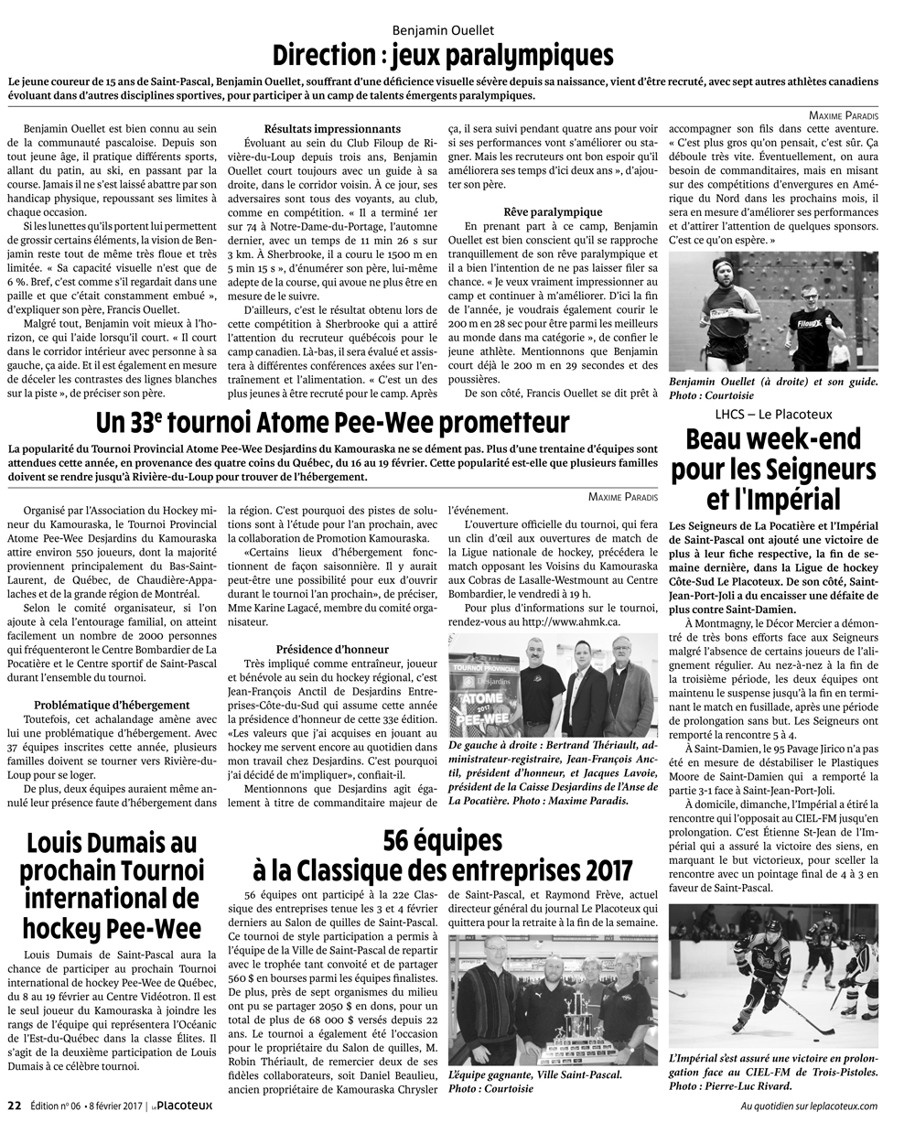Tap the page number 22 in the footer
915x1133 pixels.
click(x=14, y=1105)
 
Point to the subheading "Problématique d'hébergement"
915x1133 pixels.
click(x=112, y=705)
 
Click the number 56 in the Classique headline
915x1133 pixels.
click(x=404, y=839)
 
